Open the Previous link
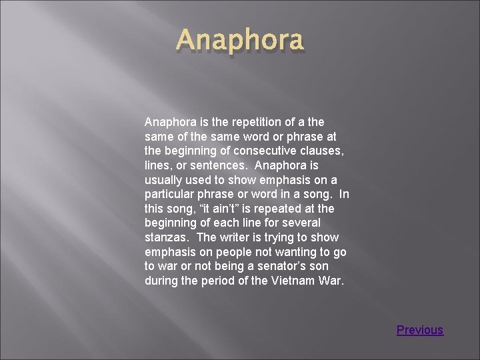point(420,330)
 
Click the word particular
point(168,195)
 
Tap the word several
point(301,223)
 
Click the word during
point(161,281)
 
